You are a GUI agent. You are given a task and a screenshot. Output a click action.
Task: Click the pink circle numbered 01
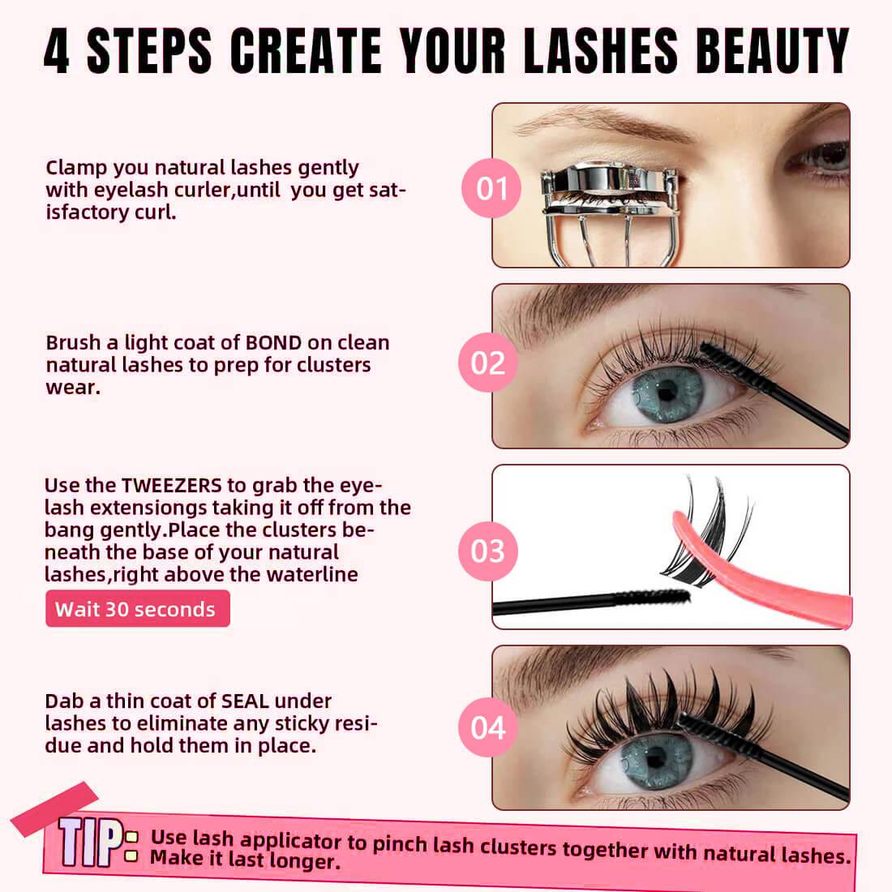[x=491, y=188]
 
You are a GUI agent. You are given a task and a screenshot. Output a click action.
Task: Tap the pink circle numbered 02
[x=488, y=362]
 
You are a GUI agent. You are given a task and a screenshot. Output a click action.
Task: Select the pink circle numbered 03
[x=488, y=551]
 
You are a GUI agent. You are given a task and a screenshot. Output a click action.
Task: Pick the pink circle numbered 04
[x=488, y=727]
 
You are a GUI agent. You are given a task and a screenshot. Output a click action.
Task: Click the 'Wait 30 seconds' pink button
[x=138, y=609]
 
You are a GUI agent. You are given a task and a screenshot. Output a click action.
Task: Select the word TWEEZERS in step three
[x=171, y=485]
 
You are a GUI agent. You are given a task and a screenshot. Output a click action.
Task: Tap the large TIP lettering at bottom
[x=90, y=842]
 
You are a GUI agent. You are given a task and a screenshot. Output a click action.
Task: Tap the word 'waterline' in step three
[x=312, y=575]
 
